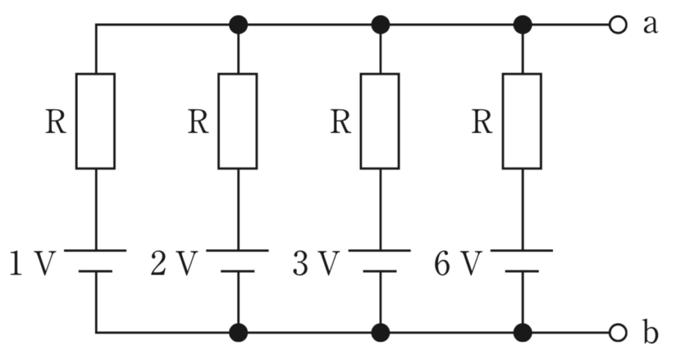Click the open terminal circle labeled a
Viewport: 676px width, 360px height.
click(617, 25)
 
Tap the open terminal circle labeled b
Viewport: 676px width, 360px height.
click(617, 333)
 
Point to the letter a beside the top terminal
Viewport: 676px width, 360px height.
click(650, 26)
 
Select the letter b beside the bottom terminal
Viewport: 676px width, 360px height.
click(651, 332)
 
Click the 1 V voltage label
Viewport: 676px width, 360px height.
click(33, 264)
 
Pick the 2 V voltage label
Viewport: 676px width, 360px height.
click(174, 264)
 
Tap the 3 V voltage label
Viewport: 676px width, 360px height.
click(316, 264)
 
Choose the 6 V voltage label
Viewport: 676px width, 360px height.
click(458, 264)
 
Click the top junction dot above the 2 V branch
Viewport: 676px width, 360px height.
click(238, 24)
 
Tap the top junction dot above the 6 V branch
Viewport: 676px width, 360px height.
click(523, 24)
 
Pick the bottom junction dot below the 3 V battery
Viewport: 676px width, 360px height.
click(380, 333)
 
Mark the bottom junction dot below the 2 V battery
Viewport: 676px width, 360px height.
click(238, 333)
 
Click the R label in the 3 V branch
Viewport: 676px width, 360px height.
click(341, 122)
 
